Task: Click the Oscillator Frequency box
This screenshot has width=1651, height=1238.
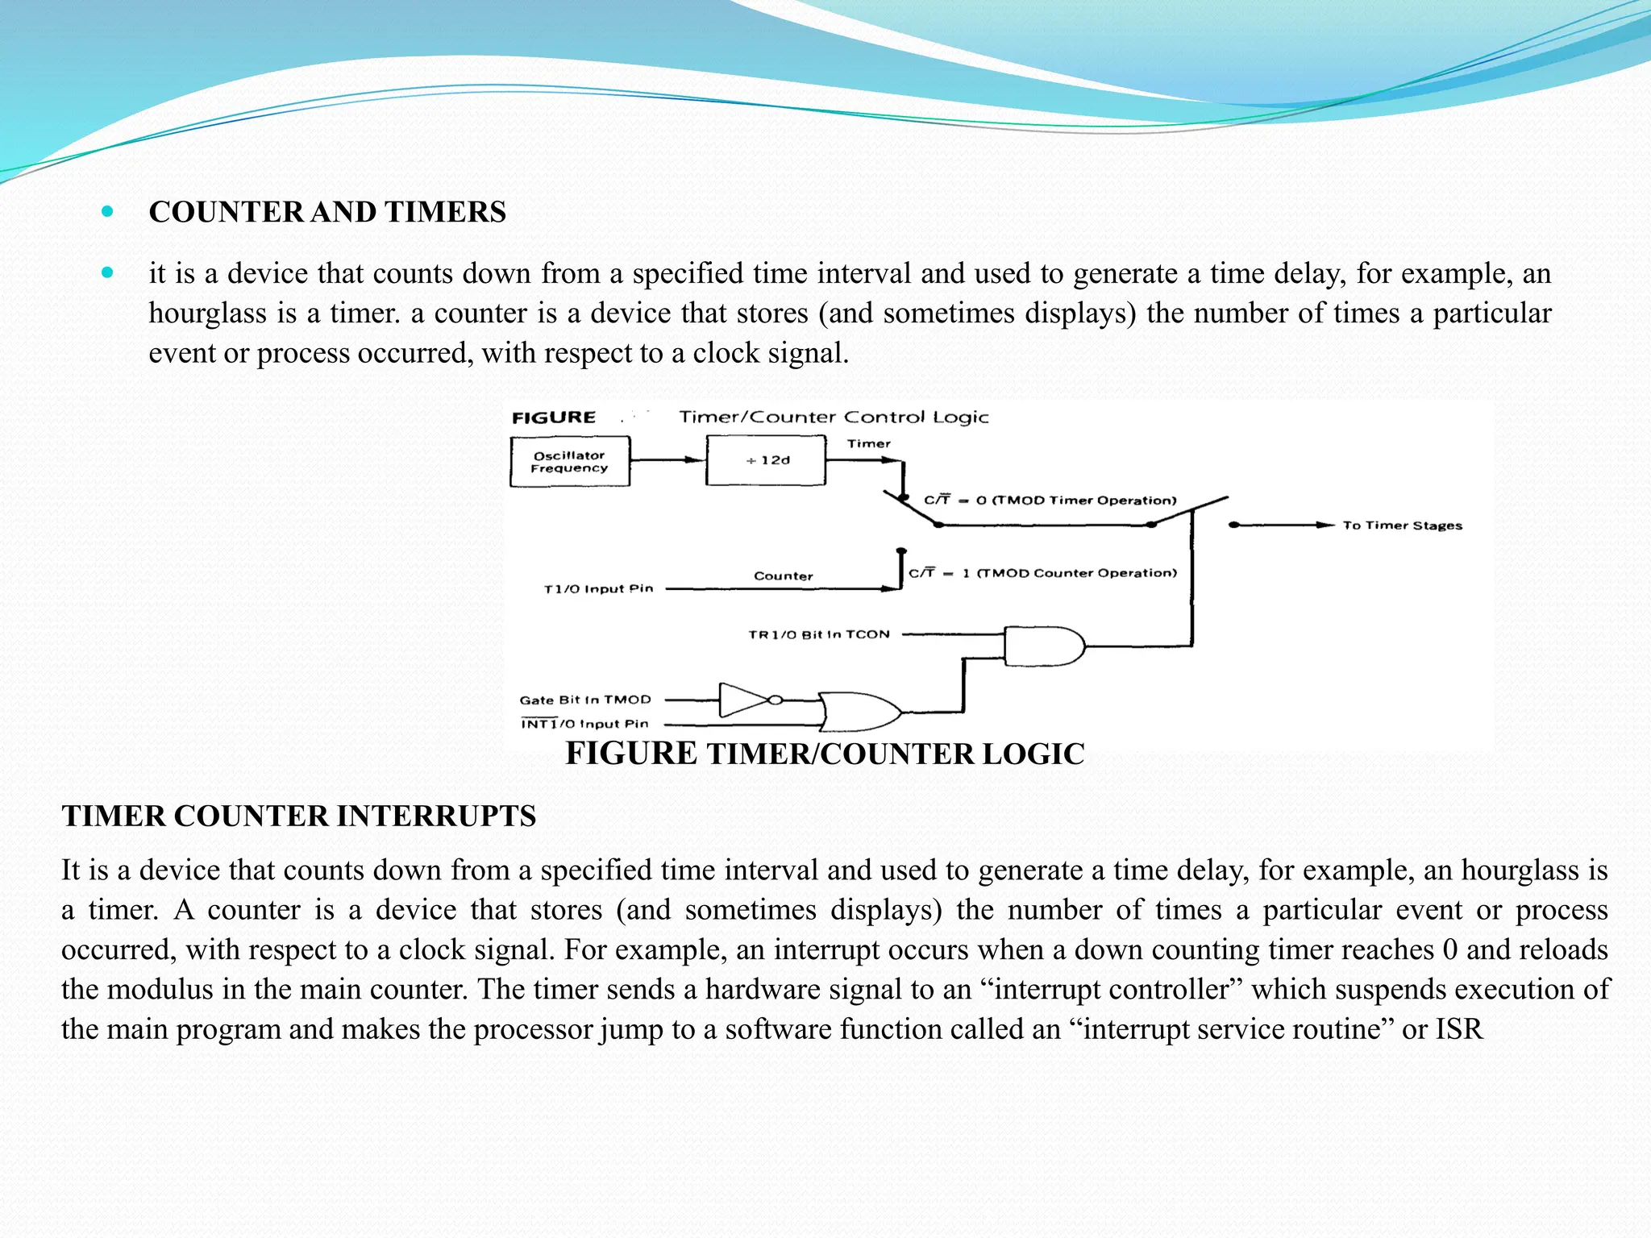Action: (x=569, y=462)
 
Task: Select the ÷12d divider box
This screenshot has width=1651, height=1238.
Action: (x=766, y=460)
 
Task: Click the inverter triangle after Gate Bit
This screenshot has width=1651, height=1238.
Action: (x=744, y=700)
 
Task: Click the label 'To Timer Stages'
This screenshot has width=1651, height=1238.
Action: (x=1402, y=526)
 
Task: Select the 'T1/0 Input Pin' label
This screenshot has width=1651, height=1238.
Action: (x=598, y=589)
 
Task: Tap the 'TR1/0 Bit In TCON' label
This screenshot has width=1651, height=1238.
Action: (x=819, y=634)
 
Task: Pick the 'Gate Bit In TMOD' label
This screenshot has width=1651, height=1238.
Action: (x=584, y=700)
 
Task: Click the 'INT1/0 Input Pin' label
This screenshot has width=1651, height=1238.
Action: (x=584, y=724)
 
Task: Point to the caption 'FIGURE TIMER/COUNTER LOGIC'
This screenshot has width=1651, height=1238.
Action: (x=825, y=754)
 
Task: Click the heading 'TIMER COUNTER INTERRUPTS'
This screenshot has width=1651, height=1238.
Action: (x=299, y=816)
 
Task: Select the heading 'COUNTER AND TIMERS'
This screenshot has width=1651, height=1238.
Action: (x=327, y=212)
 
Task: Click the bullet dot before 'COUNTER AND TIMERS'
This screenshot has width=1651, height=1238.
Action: (x=108, y=212)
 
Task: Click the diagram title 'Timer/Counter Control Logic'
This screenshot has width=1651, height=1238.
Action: (x=834, y=418)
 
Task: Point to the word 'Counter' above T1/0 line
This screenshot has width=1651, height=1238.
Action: (x=783, y=575)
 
